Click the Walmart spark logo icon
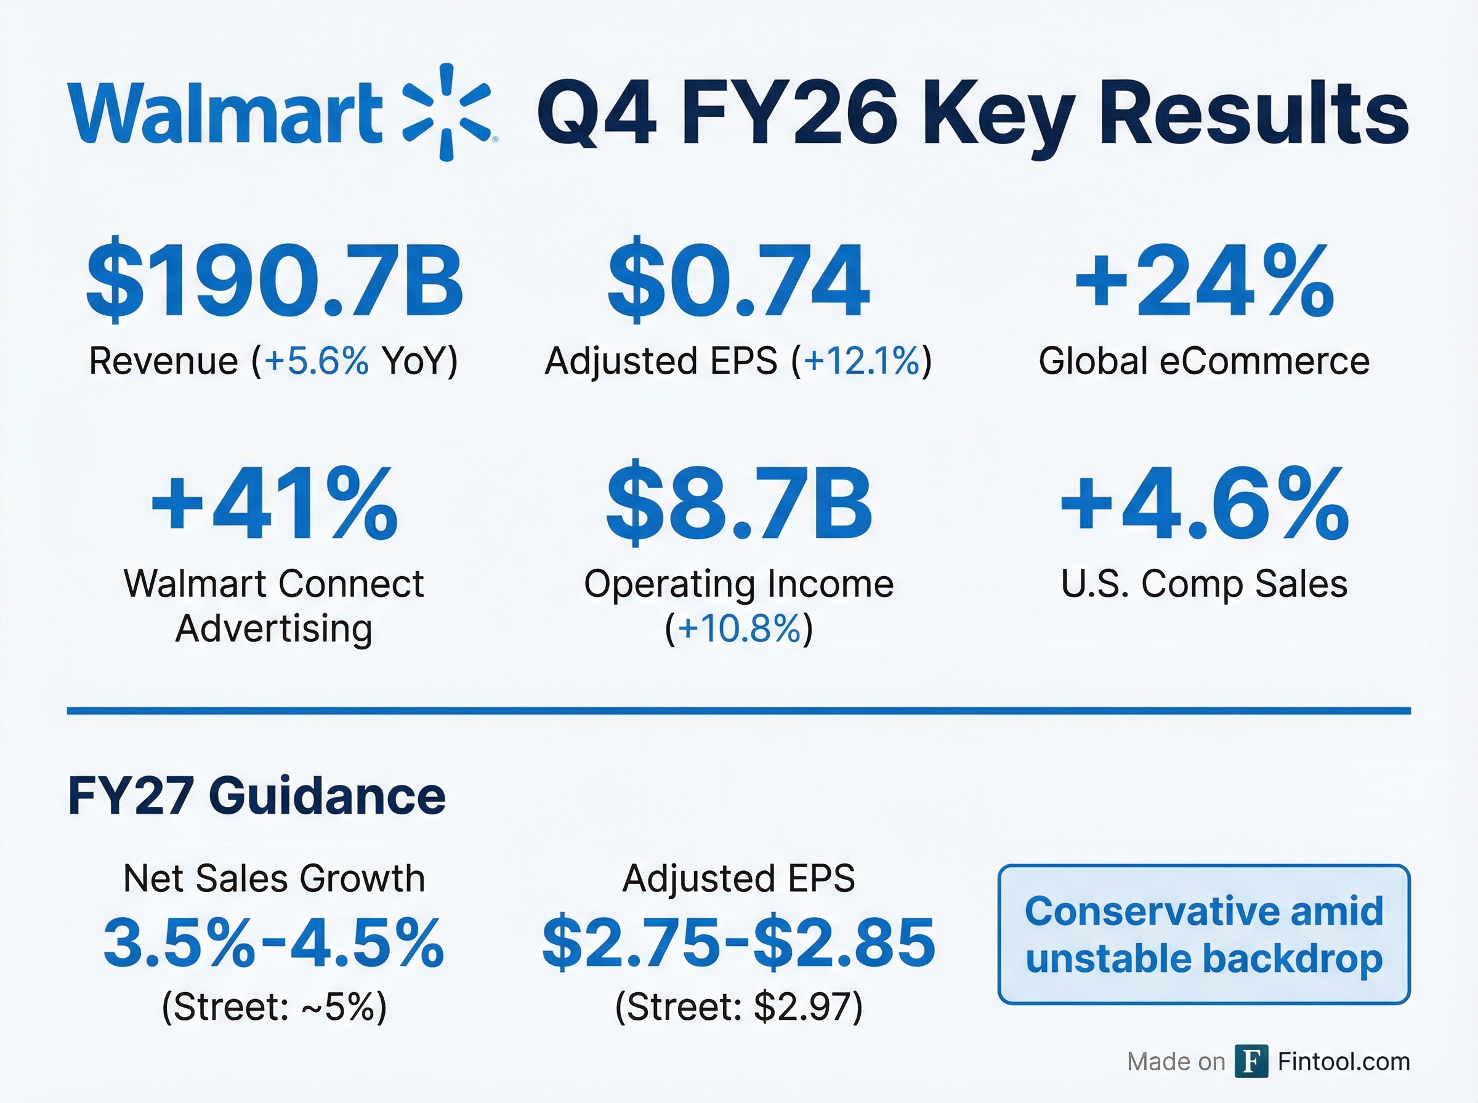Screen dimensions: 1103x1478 coord(446,112)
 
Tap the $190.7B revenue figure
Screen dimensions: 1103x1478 coord(275,281)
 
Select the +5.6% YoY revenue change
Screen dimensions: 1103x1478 coord(317,361)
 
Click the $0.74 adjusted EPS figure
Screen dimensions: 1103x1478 coord(738,281)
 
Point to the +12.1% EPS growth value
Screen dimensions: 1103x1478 coord(862,361)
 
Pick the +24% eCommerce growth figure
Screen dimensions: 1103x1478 coord(1204,281)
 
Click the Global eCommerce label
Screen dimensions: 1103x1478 coord(1204,361)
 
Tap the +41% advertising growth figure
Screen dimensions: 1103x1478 coord(275,504)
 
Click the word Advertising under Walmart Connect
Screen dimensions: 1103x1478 coord(274,628)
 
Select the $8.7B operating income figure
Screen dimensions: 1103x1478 coord(738,504)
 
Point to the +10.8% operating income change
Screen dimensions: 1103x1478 coord(738,628)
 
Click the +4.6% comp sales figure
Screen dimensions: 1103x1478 coord(1204,504)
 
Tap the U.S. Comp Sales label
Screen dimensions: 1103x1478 coord(1204,584)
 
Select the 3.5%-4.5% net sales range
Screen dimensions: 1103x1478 coord(274,943)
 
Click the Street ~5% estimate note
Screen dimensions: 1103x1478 coord(274,1006)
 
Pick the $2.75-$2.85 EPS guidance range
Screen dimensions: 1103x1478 coord(738,943)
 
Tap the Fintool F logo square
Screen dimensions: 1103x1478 coord(1251,1061)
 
